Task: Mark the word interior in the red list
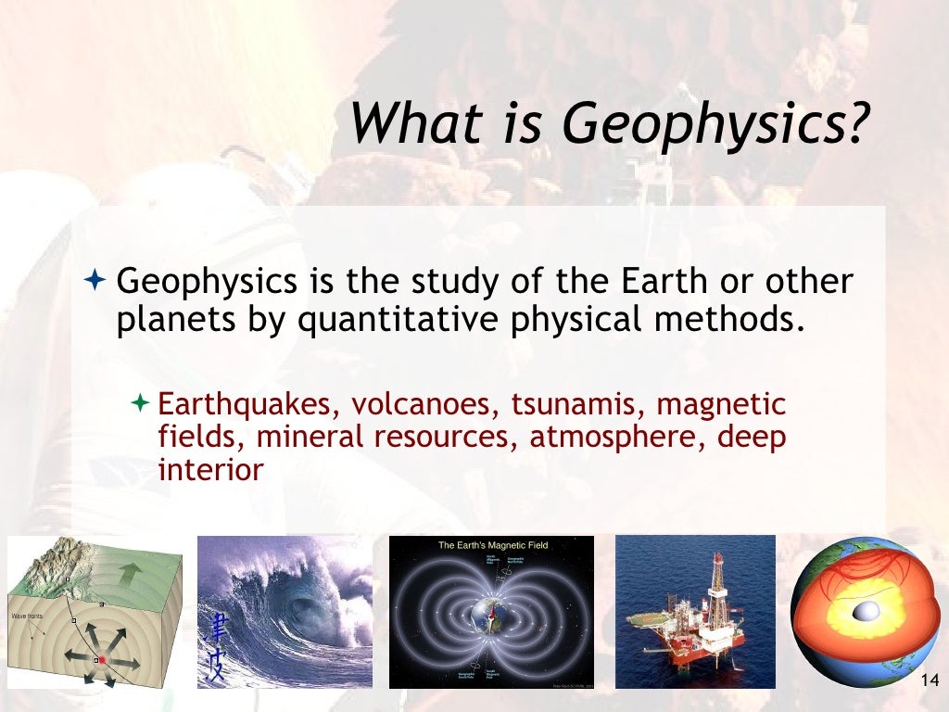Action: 211,468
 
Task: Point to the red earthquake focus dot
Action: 102,660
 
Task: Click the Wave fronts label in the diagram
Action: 29,616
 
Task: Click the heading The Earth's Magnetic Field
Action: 493,546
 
